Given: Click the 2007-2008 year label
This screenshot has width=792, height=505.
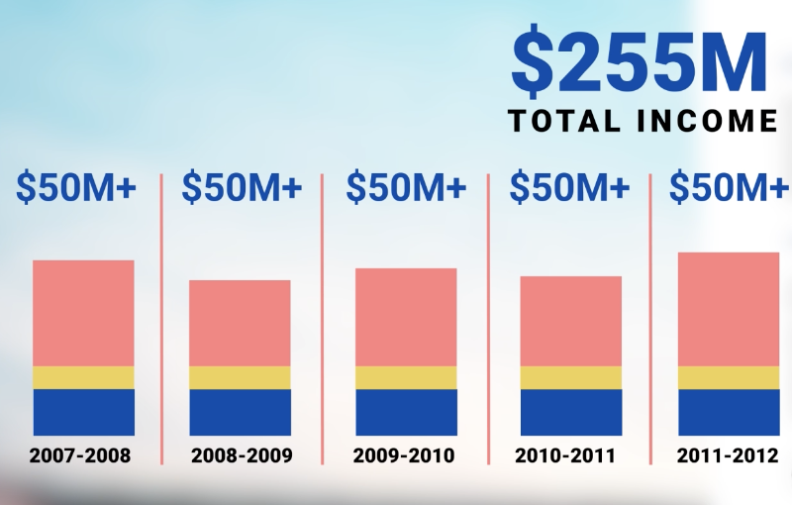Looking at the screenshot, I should click(80, 456).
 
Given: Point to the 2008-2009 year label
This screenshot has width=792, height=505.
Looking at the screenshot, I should click(241, 456).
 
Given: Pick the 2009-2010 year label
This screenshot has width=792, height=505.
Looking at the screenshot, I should click(404, 456).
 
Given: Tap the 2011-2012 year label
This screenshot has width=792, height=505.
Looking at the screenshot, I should click(728, 456).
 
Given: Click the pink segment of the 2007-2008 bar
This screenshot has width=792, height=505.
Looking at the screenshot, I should click(83, 313).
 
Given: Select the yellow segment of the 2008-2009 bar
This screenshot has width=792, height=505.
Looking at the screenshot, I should click(240, 377).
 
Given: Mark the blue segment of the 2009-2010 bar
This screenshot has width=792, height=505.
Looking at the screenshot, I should click(406, 412).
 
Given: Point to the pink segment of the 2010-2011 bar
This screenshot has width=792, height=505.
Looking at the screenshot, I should click(571, 321).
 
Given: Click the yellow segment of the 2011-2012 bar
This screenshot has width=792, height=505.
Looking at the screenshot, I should click(729, 377).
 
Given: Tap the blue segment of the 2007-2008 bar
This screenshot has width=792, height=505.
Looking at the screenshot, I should click(83, 412).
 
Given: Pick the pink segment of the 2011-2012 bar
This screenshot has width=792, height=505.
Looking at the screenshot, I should click(729, 309).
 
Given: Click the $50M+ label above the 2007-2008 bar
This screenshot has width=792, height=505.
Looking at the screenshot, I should click(76, 187).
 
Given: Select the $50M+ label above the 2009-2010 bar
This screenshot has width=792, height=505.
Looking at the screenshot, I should click(405, 187).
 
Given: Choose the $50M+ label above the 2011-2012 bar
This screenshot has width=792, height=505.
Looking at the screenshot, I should click(730, 187).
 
